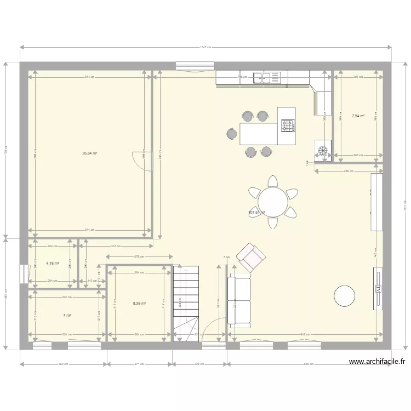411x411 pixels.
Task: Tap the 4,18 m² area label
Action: tap(53, 263)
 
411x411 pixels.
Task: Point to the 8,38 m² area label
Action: tap(139, 303)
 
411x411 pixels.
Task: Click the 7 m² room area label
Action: tap(67, 315)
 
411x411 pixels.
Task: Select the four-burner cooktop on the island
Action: tap(288, 126)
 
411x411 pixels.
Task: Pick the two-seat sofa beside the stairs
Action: tap(239, 301)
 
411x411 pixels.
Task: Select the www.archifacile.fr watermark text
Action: tap(376, 362)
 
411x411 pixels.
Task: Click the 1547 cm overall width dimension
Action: tap(206, 48)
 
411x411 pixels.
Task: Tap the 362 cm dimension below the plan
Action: tap(64, 363)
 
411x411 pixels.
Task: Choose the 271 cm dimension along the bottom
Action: tap(139, 363)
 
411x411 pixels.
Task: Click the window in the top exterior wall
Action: tap(195, 66)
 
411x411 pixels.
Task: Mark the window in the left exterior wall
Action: tap(24, 274)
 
